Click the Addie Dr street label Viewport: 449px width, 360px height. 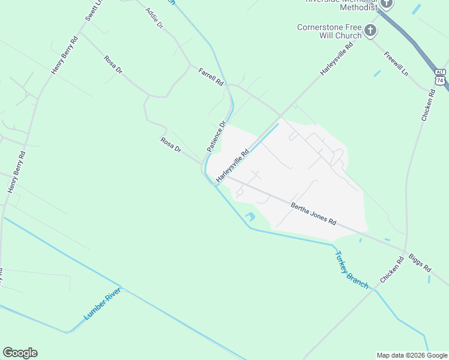[155, 19]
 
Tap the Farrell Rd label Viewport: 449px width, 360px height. [211, 76]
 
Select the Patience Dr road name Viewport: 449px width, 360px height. [216, 137]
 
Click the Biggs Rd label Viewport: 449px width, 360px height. [420, 263]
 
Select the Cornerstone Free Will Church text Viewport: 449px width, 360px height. [330, 31]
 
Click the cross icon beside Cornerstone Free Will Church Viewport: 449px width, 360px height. [371, 30]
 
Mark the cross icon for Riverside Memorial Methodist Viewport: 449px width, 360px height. [386, 4]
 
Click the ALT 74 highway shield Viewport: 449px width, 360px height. [441, 76]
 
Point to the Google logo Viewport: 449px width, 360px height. [20, 352]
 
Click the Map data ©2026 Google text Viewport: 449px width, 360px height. [412, 355]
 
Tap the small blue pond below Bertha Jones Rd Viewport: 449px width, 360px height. [250, 216]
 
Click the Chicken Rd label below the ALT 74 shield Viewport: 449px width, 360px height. [427, 106]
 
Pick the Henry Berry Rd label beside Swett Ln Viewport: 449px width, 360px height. [65, 56]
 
